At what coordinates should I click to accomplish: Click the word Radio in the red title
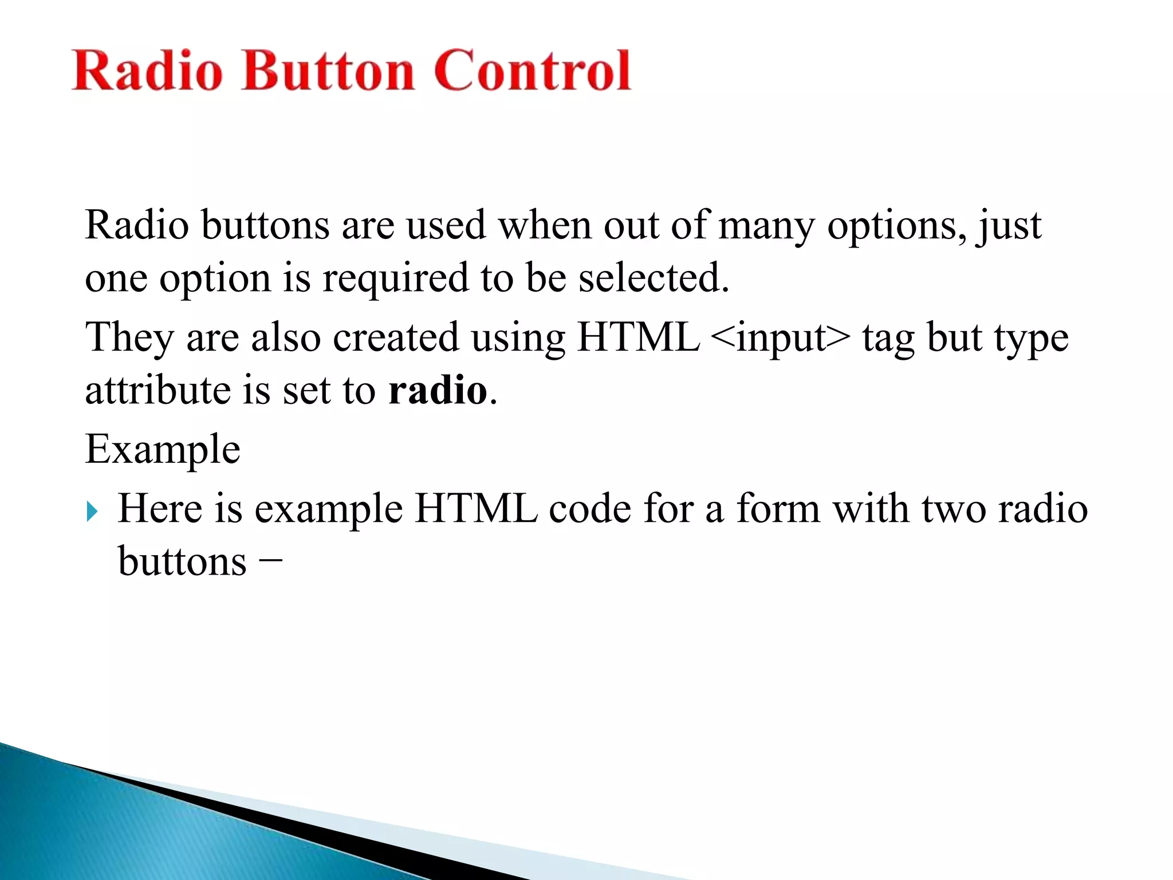click(147, 71)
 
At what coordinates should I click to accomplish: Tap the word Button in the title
click(328, 71)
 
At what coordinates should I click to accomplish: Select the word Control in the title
click(532, 71)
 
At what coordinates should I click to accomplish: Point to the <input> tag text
click(780, 337)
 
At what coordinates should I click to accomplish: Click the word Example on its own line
click(163, 450)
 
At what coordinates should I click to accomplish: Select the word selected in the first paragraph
click(653, 278)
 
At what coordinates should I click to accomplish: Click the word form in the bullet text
click(778, 508)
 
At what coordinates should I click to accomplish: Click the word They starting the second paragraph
click(129, 337)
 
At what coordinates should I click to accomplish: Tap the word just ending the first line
click(1010, 225)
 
